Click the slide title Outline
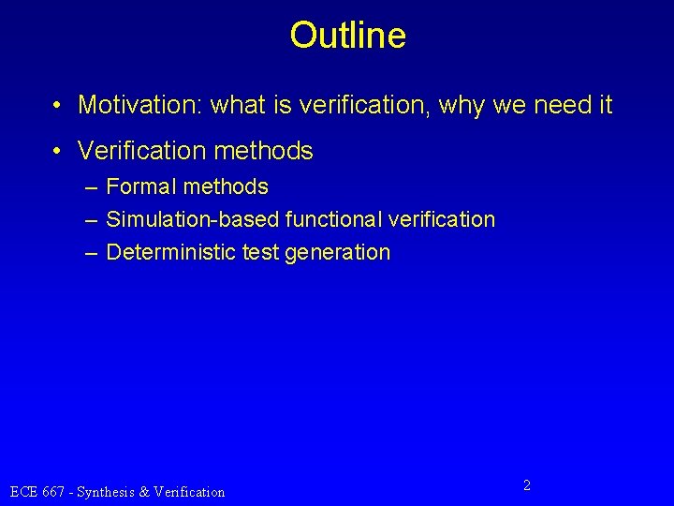click(347, 36)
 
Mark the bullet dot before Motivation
click(59, 105)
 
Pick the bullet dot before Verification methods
click(59, 150)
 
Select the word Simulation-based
click(179, 220)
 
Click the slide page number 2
click(527, 485)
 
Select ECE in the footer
click(23, 491)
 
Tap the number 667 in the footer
click(54, 491)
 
